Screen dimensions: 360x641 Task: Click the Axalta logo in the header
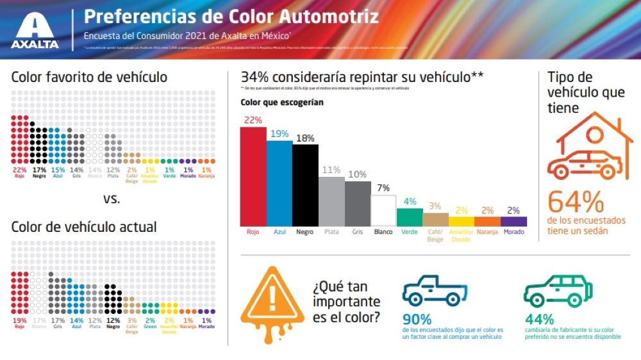(35, 31)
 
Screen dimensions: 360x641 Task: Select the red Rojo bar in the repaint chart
(253, 176)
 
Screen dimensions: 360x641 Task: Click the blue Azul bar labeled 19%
(279, 183)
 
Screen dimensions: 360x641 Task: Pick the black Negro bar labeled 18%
(305, 184)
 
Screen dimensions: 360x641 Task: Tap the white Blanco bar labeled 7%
(383, 210)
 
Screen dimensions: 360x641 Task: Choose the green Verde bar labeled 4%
(410, 217)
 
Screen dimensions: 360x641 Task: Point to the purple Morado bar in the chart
(514, 221)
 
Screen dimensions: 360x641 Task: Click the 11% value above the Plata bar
(331, 170)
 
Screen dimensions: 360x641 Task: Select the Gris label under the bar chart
(357, 232)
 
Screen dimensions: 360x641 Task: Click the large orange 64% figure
(576, 202)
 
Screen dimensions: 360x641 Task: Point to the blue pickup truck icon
(435, 290)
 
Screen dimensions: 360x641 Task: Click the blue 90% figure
(417, 319)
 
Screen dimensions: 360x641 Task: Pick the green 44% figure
(539, 319)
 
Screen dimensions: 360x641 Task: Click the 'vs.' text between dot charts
(112, 199)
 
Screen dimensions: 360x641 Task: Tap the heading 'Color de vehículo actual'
(84, 227)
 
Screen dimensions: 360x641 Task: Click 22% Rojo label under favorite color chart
(19, 172)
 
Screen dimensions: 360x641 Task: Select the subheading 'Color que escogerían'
(273, 102)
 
